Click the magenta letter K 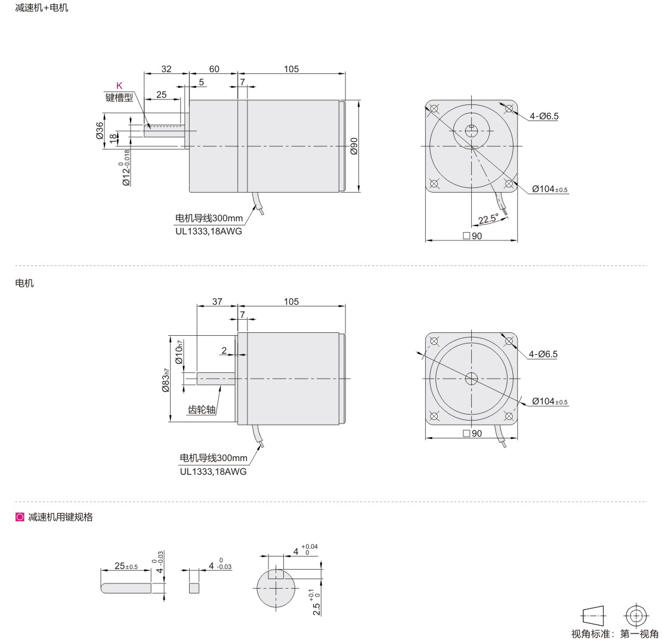pos(119,85)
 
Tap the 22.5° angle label pos(488,219)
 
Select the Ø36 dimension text pos(100,131)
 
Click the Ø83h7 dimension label pos(166,380)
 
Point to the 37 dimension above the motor pos(217,301)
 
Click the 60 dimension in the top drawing pos(214,69)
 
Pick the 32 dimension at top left pos(166,69)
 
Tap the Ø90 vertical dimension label pos(354,146)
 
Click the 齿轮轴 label pos(202,410)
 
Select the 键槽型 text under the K pos(119,97)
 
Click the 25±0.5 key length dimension pos(126,565)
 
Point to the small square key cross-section pos(194,588)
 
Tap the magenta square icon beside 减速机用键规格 pos(20,517)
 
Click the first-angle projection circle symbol pos(636,616)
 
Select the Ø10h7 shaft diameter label pos(179,352)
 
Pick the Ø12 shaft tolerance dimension pos(125,168)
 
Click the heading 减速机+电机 pos(41,8)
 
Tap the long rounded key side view pos(126,588)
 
